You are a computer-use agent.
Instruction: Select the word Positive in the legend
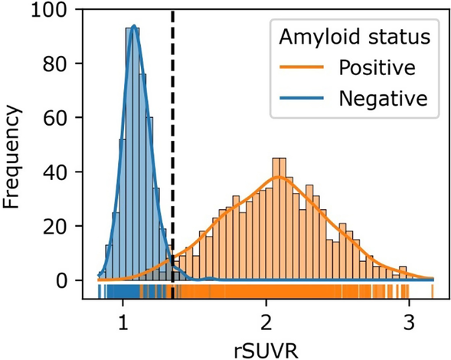coord(377,68)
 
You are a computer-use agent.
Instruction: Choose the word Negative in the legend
coord(382,98)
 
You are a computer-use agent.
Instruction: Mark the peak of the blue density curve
coord(134,26)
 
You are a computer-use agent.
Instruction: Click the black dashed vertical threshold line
coord(172,153)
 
